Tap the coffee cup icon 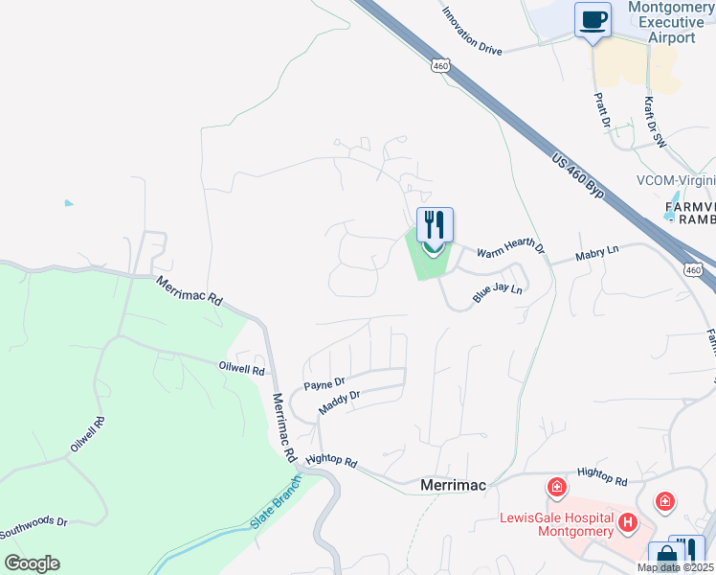click(593, 19)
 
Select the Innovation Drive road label click(472, 32)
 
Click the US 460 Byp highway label click(578, 174)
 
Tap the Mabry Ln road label click(597, 253)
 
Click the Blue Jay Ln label click(498, 294)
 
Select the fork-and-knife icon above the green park click(435, 225)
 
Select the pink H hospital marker click(628, 521)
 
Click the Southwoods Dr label click(34, 526)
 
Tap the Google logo click(32, 563)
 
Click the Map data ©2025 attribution click(675, 567)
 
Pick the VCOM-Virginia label click(675, 180)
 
